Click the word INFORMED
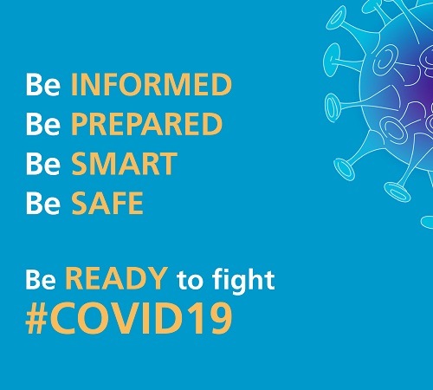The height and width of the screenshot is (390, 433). point(152,84)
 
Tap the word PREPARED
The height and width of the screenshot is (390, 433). point(146,124)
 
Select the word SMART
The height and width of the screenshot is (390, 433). point(124,164)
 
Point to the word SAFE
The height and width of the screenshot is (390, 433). point(107,203)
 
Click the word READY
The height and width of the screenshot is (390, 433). point(116,278)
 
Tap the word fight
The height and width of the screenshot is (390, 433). point(243,280)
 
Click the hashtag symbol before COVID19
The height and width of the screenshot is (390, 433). point(36,318)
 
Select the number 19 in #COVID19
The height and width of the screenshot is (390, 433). point(214,318)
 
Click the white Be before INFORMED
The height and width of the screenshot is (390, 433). point(43,84)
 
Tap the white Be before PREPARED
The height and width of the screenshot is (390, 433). point(43,124)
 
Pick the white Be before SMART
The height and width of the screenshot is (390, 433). point(43,164)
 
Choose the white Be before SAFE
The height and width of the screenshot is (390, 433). point(43,203)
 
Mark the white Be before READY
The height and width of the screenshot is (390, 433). point(41,279)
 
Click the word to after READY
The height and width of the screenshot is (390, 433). point(190,280)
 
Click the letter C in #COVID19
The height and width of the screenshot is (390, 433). point(62,318)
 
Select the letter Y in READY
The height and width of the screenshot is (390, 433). point(158,278)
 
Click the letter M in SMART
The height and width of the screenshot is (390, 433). point(106,164)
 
